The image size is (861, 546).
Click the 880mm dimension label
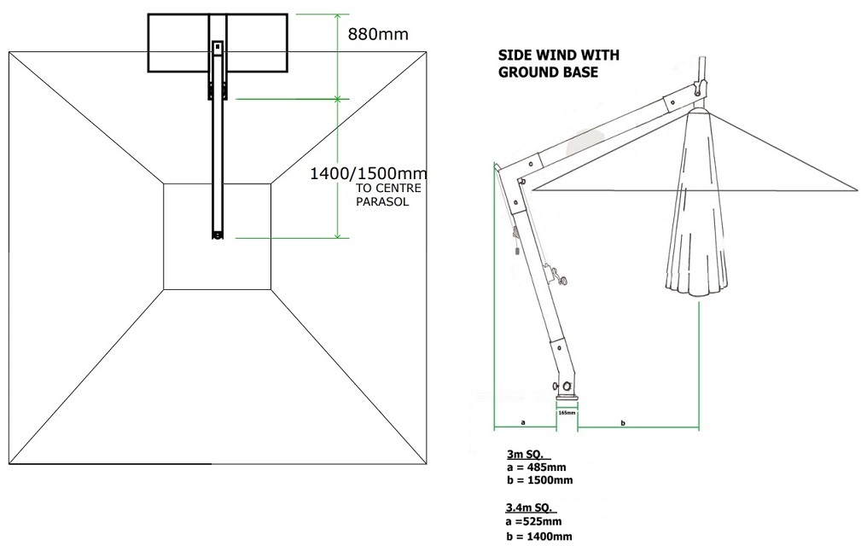coord(377,34)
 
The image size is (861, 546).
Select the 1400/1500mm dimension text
coord(369,173)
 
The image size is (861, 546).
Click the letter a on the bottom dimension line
coord(522,421)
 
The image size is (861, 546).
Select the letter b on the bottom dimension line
coord(622,421)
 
